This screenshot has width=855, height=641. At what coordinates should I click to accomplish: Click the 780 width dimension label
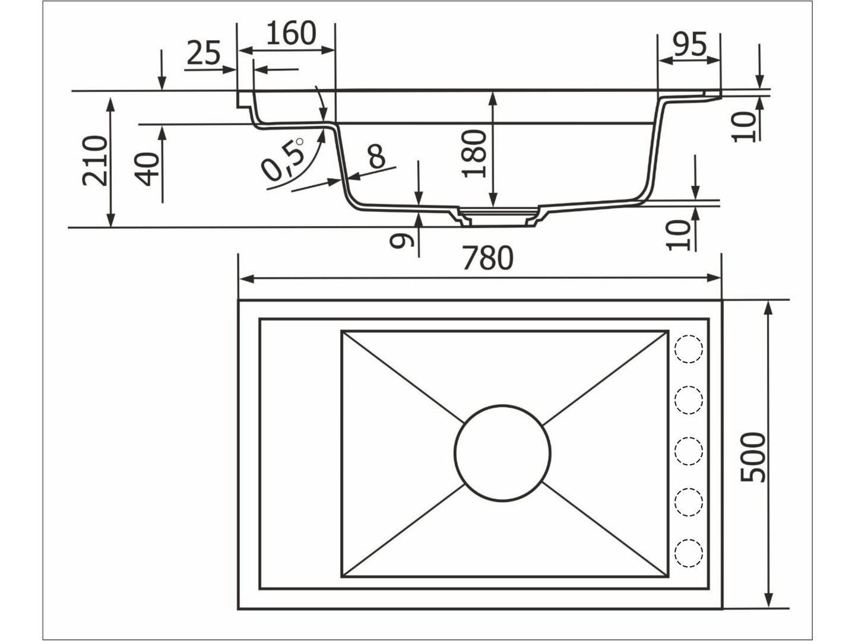coord(487,258)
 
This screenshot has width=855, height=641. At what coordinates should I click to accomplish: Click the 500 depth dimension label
coord(752,458)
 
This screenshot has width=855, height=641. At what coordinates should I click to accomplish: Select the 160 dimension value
coord(291,33)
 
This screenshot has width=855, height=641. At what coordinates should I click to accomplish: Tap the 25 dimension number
coord(203,53)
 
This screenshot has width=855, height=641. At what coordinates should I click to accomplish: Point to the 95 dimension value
coord(690,44)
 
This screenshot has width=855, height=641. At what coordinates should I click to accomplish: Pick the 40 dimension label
coord(147,169)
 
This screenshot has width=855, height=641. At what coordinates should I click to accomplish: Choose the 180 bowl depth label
coord(474,153)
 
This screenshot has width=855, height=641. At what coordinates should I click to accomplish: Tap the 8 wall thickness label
coord(376,156)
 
